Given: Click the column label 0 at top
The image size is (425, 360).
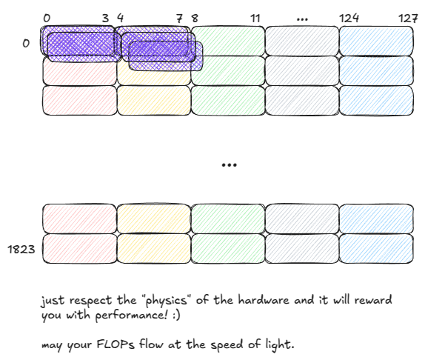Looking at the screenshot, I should pos(47,18).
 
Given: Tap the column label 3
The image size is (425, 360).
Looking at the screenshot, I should pos(105,18).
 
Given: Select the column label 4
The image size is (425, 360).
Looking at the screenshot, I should pos(120,18).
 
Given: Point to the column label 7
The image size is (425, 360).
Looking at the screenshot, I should pos(180,18).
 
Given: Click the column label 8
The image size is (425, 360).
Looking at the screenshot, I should pos(194,18).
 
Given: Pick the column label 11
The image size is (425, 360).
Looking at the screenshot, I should pos(255,18).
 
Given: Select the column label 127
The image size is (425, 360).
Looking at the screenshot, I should pos(408,18).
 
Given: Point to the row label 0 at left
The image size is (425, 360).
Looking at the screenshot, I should pos(26,43).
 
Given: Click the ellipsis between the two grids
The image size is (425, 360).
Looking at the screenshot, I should pos(229,164).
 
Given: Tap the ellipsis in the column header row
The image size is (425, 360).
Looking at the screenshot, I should pos(302,18).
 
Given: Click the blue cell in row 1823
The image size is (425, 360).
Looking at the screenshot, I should pos(376,249).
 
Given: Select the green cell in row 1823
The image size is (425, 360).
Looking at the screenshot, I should pos(228,249).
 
